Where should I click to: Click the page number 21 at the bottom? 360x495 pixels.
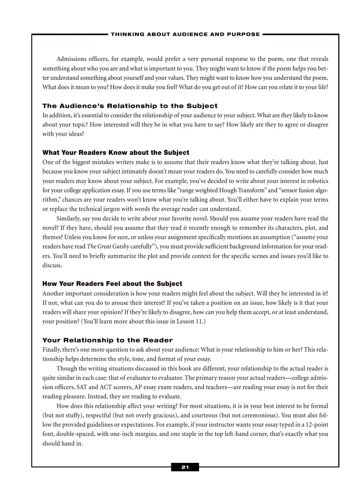tap(185, 467)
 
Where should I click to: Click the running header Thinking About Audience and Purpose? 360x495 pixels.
tap(185, 34)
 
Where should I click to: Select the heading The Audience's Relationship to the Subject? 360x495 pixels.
tap(130, 106)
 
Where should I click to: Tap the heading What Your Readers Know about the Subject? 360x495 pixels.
tap(116, 153)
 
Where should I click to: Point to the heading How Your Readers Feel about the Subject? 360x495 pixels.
tap(112, 283)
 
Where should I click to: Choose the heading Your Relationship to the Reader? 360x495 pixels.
tap(107, 340)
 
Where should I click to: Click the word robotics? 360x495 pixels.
tap(317, 181)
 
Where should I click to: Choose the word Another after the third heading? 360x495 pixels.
tap(54, 293)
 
